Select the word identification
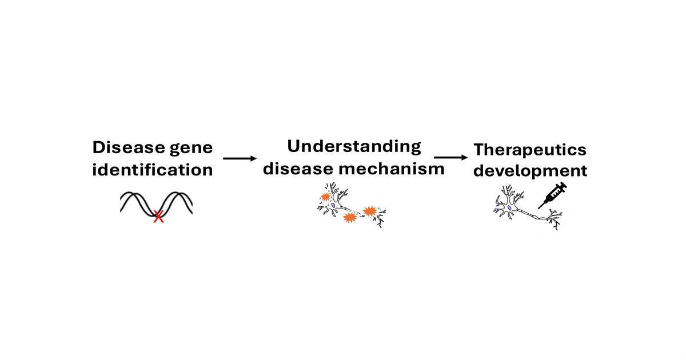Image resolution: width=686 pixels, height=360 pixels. click(153, 170)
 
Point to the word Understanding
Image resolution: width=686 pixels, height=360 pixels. click(354, 147)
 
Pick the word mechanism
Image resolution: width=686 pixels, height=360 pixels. click(390, 169)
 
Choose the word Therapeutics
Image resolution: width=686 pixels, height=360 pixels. click(530, 150)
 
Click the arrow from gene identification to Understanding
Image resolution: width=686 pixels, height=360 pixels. click(240, 158)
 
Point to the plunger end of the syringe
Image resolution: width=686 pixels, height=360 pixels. click(563, 185)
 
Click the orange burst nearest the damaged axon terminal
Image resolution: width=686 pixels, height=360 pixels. click(369, 211)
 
